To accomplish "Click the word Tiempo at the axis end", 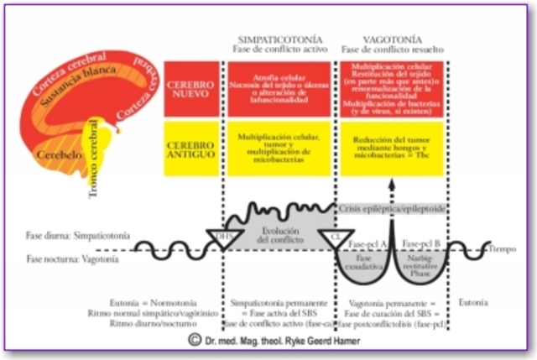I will click(x=506, y=249).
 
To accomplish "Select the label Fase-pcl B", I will click(x=421, y=243).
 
